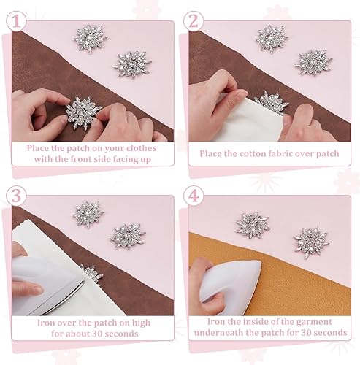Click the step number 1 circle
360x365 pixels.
[16, 21]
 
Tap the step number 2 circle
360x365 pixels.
[194, 21]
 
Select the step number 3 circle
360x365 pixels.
[16, 196]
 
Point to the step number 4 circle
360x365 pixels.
[194, 196]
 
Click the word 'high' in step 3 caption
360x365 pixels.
[141, 323]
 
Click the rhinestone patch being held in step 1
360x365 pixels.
[83, 112]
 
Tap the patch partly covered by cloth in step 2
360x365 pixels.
[272, 102]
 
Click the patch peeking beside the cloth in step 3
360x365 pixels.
[93, 274]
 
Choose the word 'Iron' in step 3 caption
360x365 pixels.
[45, 323]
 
